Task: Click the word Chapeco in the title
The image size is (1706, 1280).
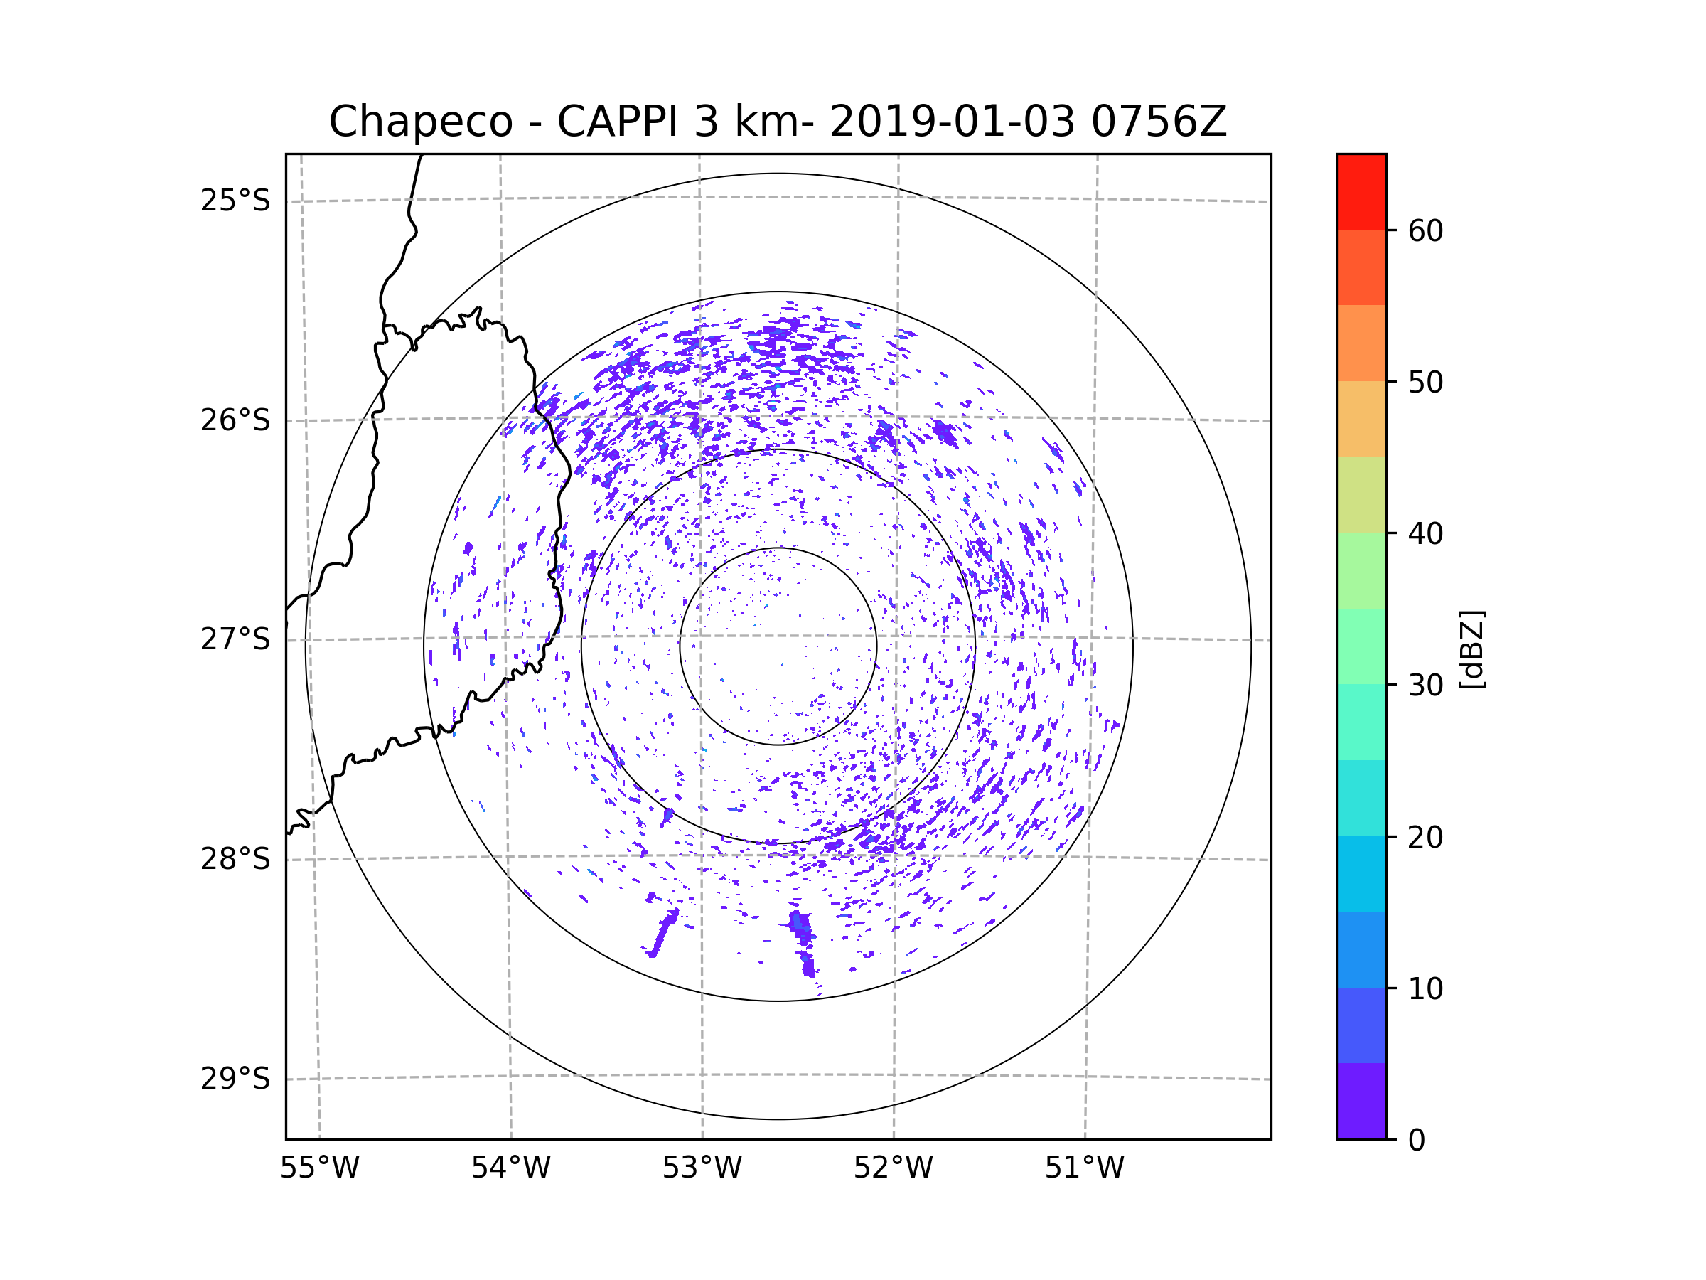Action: coord(420,122)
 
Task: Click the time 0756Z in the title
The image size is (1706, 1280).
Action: coord(1159,122)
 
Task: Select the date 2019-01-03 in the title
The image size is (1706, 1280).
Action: coord(952,122)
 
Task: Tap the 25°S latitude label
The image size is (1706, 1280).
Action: coord(235,201)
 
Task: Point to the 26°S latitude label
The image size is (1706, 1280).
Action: coord(235,420)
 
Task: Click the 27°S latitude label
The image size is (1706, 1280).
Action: coord(235,639)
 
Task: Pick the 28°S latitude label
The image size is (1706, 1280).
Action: coord(235,859)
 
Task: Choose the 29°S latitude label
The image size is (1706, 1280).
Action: coord(235,1079)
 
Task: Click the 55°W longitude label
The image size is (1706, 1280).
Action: coord(319,1168)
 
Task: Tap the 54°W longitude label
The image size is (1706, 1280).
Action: coord(510,1168)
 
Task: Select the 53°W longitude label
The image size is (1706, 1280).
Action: coord(702,1168)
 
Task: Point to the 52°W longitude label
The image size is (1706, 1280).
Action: coord(893,1168)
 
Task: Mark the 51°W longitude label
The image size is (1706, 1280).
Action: coord(1084,1168)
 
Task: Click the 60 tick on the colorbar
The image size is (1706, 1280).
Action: coord(1425,230)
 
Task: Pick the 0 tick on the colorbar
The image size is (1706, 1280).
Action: coord(1417,1141)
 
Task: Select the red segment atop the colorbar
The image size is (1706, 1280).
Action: coord(1361,191)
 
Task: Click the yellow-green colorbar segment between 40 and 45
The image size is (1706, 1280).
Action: coord(1361,494)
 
